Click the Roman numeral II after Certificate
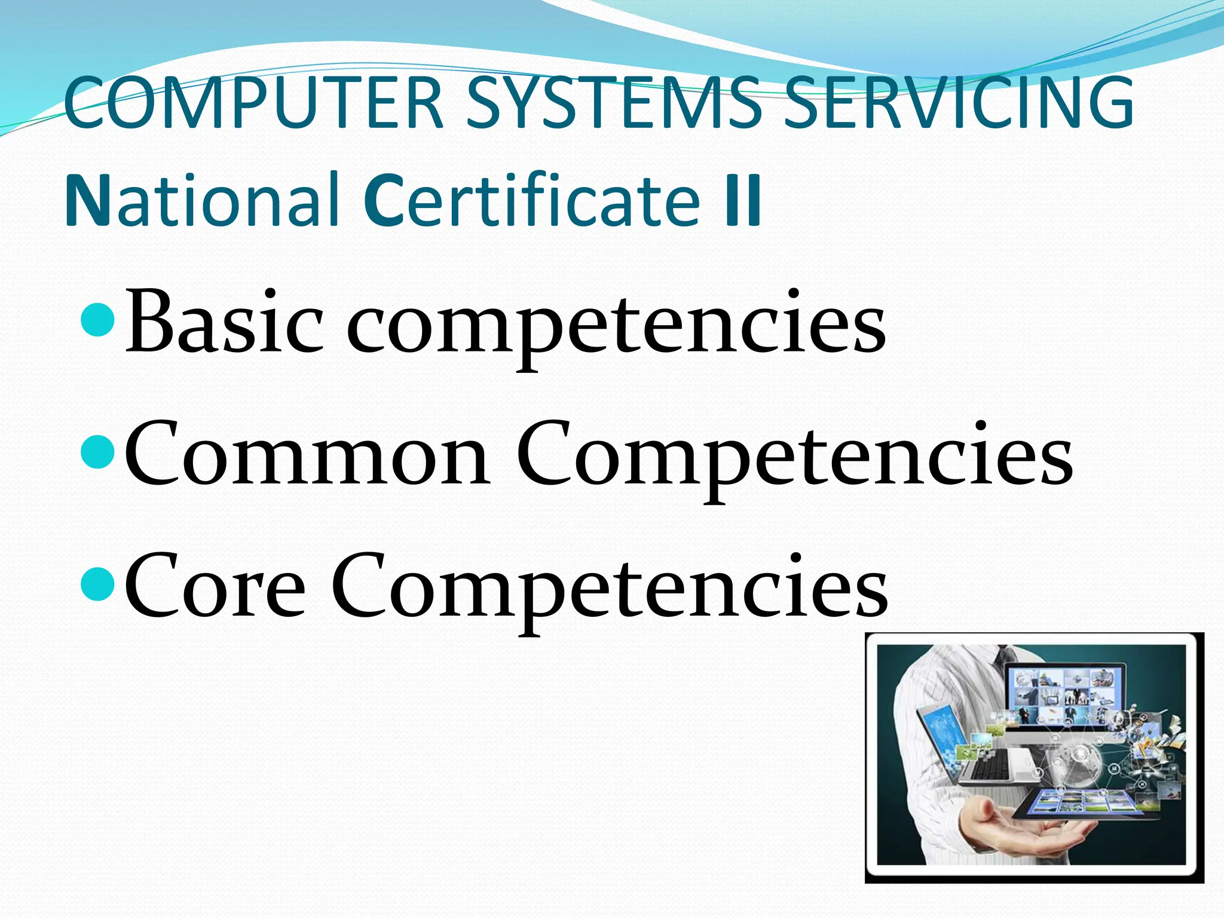coord(743,200)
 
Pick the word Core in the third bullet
coord(215,586)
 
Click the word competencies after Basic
coord(616,326)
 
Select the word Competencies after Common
coord(795,457)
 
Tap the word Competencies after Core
coord(610,589)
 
